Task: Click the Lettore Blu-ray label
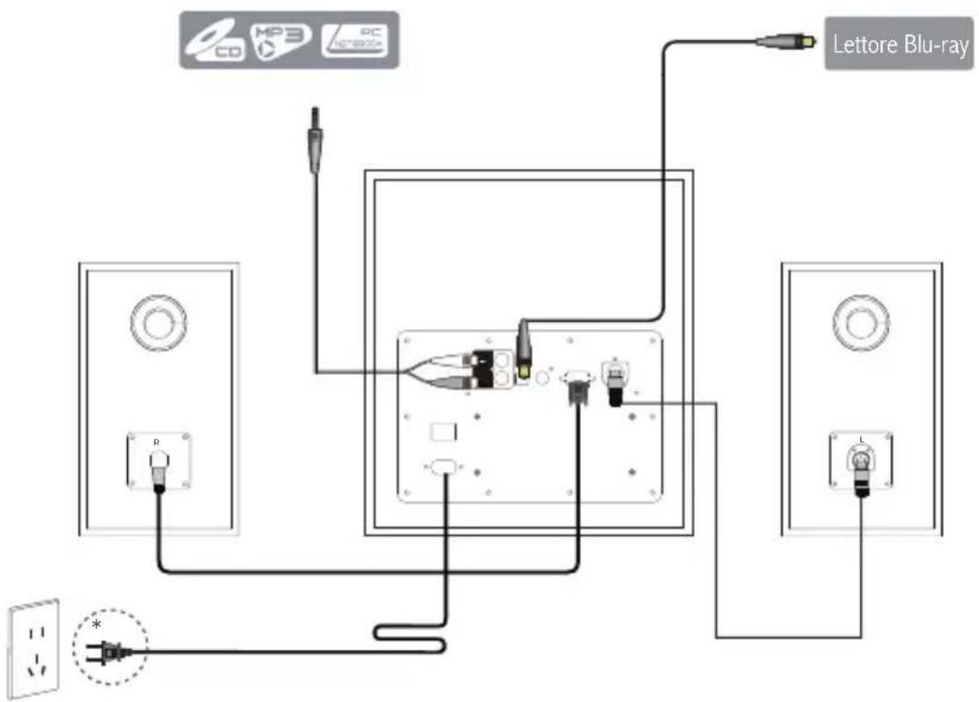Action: pyautogui.click(x=899, y=47)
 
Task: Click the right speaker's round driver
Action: pyautogui.click(x=860, y=320)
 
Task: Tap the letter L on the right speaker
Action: pyautogui.click(x=859, y=441)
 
